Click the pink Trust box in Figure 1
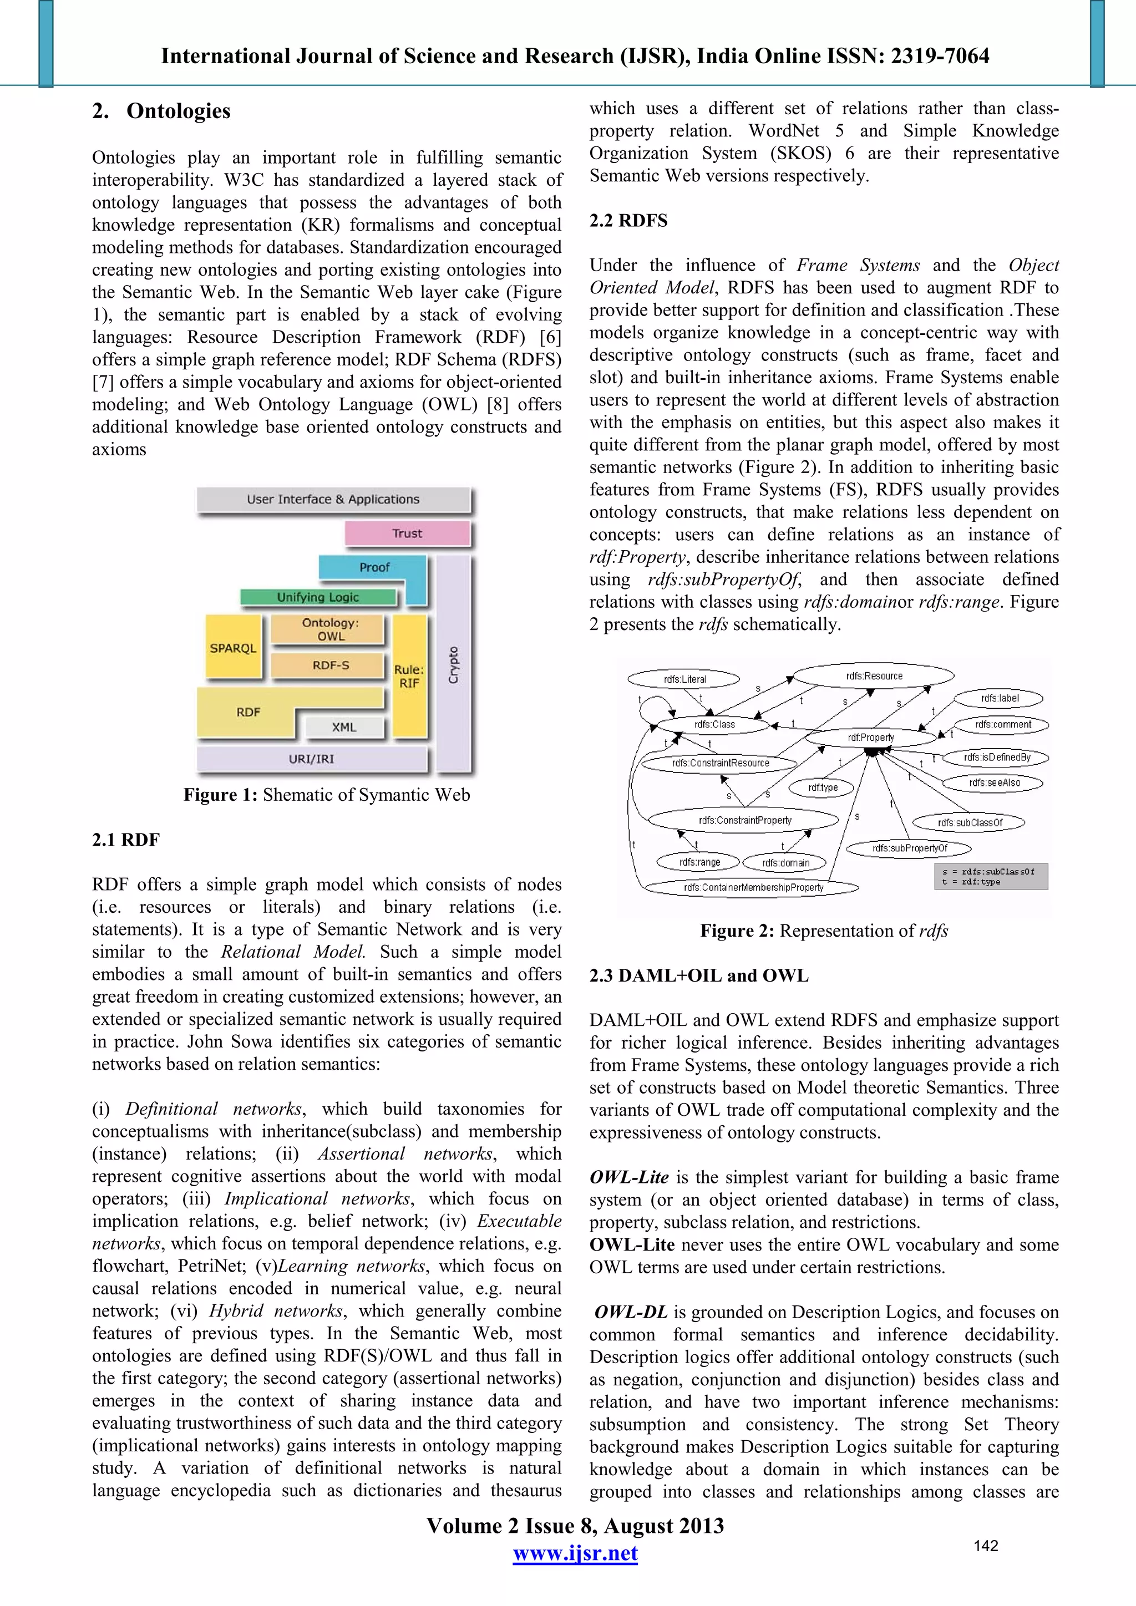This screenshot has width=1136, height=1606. [407, 533]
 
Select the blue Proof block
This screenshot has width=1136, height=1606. [374, 567]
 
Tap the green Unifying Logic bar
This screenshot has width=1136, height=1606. [318, 597]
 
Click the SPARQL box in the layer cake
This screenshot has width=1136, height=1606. [233, 648]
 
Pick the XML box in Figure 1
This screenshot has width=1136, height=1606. [344, 728]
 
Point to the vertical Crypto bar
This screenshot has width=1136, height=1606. [453, 664]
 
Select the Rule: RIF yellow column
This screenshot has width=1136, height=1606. [409, 675]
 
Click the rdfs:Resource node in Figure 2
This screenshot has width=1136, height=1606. [874, 675]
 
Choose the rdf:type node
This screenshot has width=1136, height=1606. [823, 787]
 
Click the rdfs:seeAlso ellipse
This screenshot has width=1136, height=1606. [994, 782]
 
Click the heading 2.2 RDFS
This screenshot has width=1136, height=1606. [628, 221]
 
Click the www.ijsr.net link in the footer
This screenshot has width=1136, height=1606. [575, 1553]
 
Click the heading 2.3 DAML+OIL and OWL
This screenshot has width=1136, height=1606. [698, 976]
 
